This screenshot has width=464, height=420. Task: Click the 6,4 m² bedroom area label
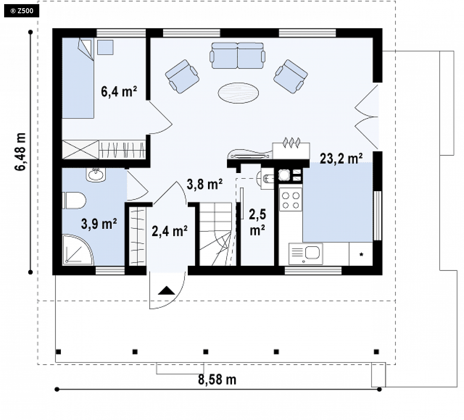point(119,91)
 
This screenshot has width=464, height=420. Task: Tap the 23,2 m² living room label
point(341,159)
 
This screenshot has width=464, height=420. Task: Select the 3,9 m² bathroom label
point(99,224)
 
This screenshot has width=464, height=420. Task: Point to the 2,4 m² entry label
point(170,231)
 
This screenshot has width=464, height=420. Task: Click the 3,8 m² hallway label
point(204,184)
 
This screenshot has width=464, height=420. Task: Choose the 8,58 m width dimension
point(217,380)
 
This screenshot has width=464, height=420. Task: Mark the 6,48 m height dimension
point(20,152)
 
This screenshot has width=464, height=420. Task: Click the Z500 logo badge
point(22,11)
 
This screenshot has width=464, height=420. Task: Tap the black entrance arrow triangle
point(167,291)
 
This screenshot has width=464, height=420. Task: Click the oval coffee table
point(238,93)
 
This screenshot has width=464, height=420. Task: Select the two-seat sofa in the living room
point(237,55)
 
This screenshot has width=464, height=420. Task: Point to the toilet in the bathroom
point(74,200)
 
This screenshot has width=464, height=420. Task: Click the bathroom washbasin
point(96,174)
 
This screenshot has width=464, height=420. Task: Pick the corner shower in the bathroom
point(77,250)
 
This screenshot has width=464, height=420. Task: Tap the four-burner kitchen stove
point(290,200)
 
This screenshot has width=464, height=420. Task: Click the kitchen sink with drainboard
point(306,254)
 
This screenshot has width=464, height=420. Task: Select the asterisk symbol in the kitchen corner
point(361,254)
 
